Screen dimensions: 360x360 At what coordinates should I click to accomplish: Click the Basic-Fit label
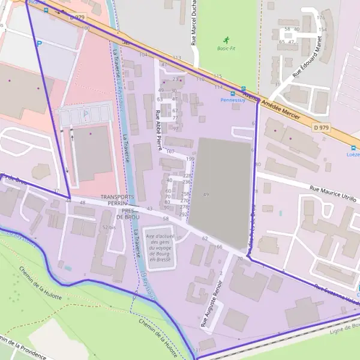[226, 49]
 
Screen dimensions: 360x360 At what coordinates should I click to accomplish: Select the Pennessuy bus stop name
[233, 101]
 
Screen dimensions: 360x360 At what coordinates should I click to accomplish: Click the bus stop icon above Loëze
[353, 147]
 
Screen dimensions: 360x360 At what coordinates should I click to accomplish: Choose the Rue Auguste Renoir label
[212, 304]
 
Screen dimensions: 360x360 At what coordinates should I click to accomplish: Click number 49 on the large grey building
[206, 195]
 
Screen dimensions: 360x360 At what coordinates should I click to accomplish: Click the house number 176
[321, 18]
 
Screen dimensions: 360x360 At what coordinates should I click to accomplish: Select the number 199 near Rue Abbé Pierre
[190, 158]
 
